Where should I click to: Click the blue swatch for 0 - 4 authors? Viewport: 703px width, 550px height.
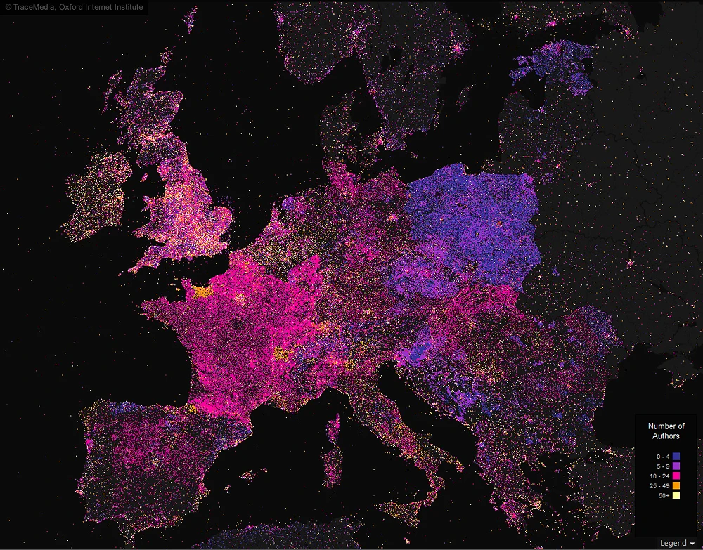pos(676,457)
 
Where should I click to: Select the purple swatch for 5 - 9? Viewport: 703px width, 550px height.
pos(676,466)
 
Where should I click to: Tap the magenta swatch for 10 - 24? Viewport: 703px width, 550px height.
pos(676,476)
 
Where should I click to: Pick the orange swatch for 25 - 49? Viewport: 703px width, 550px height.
pos(676,486)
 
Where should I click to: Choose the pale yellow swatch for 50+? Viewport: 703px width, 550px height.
pos(676,496)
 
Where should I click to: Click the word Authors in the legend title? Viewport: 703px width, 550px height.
pos(666,436)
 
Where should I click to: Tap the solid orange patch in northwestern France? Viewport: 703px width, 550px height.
pos(202,292)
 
